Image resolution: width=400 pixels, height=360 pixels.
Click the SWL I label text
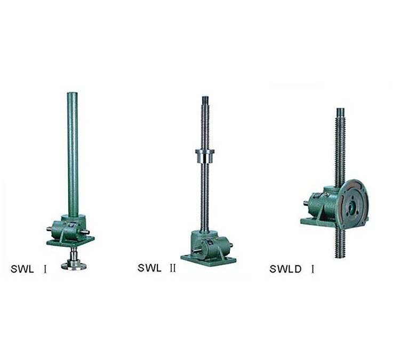pyautogui.click(x=29, y=269)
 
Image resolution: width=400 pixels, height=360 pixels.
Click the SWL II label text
pyautogui.click(x=157, y=268)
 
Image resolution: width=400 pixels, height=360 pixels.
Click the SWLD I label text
pyautogui.click(x=292, y=269)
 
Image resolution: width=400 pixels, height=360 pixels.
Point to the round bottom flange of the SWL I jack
pyautogui.click(x=74, y=266)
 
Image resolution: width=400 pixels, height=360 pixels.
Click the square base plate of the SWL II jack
pyautogui.click(x=209, y=260)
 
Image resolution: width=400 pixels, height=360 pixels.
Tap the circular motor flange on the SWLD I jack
pyautogui.click(x=353, y=204)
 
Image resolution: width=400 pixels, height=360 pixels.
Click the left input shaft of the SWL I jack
pyautogui.click(x=49, y=229)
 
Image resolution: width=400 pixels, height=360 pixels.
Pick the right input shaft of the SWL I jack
pyautogui.click(x=85, y=232)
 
